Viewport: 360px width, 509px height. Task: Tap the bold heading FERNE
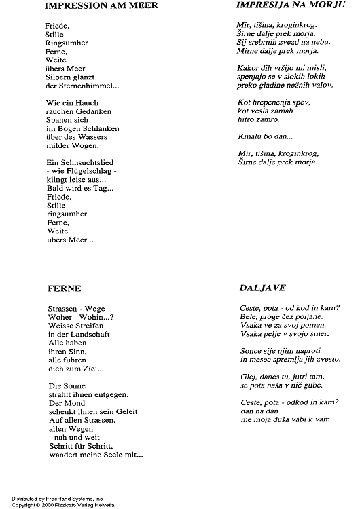65,287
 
